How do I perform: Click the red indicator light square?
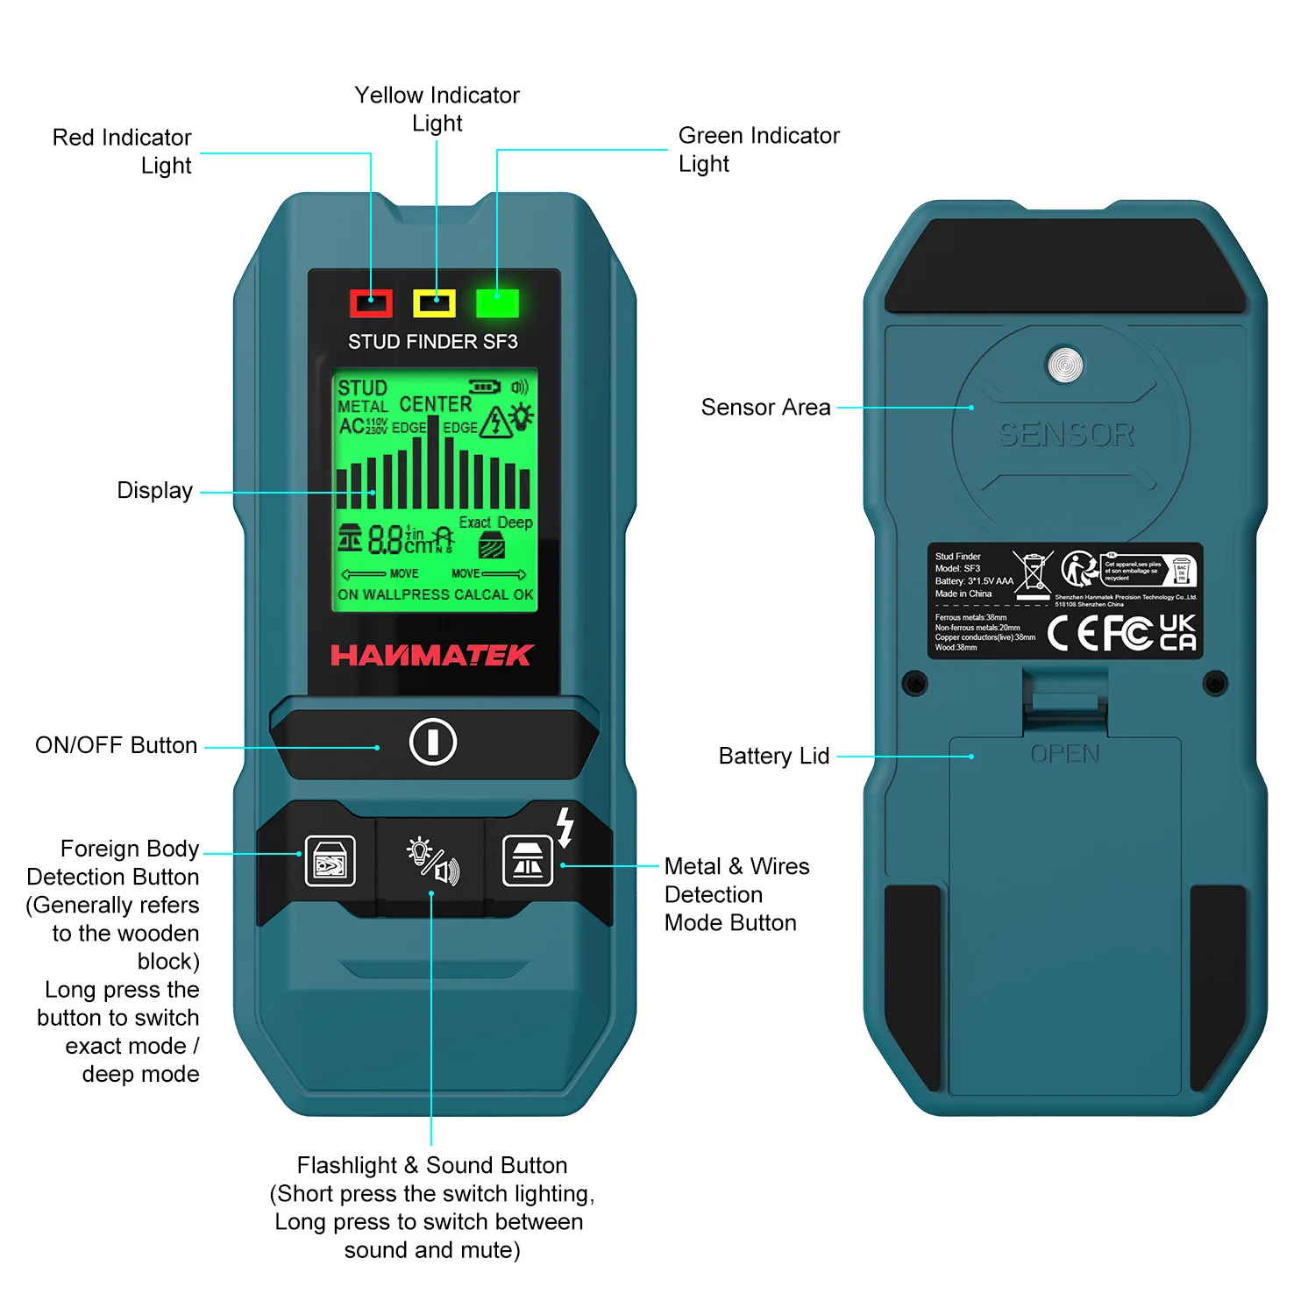pos(371,303)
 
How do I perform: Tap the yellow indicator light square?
pos(434,303)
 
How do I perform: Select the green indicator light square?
pos(497,303)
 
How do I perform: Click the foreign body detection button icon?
pos(330,861)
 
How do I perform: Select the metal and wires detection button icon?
pos(528,861)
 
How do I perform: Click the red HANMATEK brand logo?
pos(431,655)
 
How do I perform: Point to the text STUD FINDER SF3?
pos(433,342)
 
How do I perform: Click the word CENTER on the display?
pos(435,404)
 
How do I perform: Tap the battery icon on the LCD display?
pos(485,387)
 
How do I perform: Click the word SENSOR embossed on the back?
pos(1066,434)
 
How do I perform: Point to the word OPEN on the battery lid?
pos(1065,754)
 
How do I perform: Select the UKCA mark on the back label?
pos(1177,632)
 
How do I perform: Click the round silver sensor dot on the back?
pos(1065,365)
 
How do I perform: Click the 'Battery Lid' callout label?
pos(774,756)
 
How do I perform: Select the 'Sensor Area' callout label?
pos(765,407)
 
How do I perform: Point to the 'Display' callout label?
pos(155,490)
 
